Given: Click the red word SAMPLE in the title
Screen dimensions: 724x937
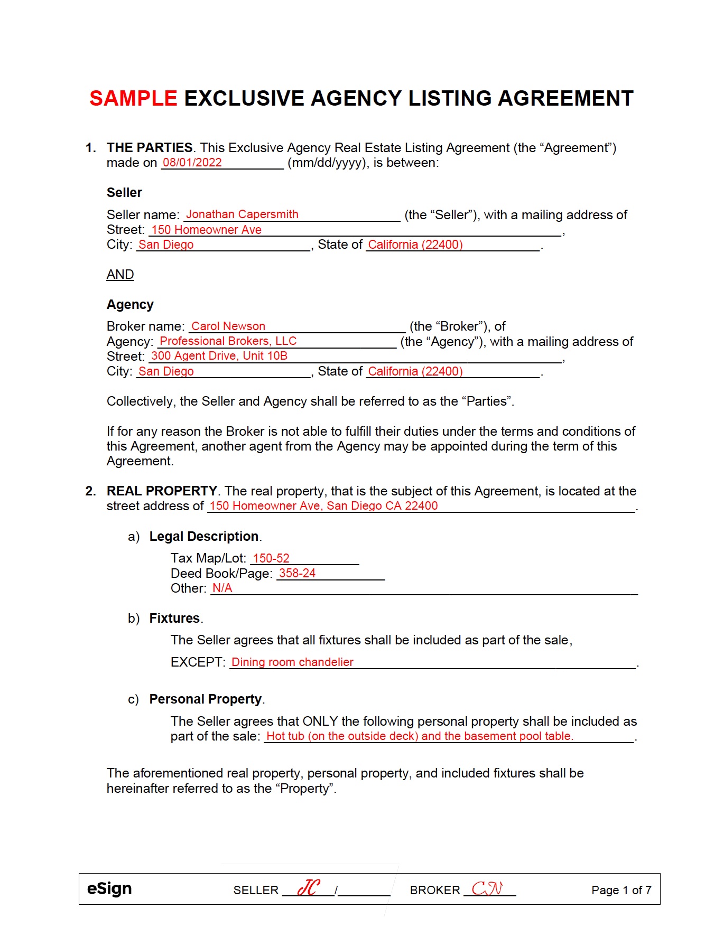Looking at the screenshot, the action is coord(133,99).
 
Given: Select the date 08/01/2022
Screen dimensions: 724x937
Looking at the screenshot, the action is coord(192,163).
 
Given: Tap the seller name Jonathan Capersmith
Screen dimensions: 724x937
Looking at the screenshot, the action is coord(242,214).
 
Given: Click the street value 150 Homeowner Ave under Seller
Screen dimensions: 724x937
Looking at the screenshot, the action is coord(207,230).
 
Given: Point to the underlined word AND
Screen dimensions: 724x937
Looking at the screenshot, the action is coord(120,275).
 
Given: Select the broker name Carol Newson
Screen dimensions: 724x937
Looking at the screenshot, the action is coord(228,326).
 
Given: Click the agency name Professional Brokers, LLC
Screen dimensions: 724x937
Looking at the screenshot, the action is coord(228,341).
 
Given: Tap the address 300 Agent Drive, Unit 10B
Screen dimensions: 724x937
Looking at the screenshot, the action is coord(219,356).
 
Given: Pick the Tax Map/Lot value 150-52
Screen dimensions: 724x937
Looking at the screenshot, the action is coord(271,558).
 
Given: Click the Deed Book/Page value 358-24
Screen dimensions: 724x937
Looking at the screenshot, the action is coord(297,573).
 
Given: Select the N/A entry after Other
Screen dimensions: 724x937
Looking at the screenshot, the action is coord(222,588).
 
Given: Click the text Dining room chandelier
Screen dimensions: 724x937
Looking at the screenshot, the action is coord(292,662).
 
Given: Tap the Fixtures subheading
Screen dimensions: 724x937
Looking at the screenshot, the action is coord(174,619).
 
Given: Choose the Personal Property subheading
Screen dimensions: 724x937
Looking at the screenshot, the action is coord(206,699).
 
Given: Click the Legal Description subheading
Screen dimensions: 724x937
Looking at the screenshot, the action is coord(204,537).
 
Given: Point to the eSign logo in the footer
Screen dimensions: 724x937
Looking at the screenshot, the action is coord(109,889).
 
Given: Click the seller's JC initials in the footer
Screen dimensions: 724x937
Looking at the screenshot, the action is coord(309,888).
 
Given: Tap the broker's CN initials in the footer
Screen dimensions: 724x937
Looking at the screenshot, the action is coord(487,888).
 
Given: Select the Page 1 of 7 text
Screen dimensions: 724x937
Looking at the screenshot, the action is coord(621,891).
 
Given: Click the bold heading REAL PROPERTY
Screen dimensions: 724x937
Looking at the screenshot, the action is coord(162,491).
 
